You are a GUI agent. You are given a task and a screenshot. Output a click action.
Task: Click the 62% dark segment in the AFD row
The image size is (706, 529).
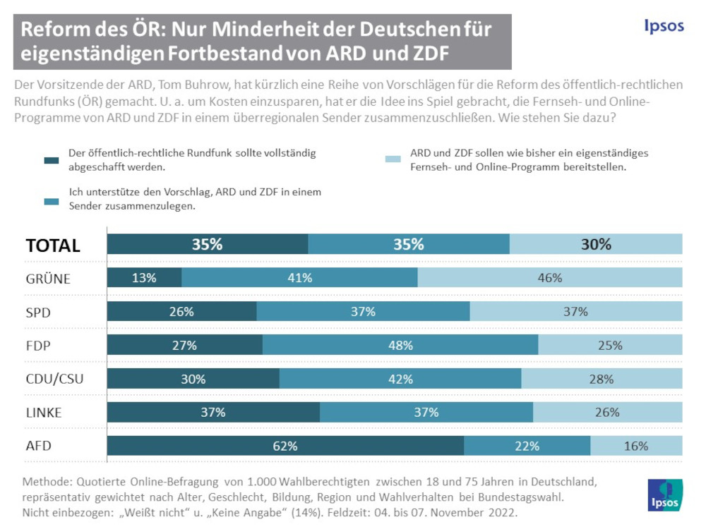285,446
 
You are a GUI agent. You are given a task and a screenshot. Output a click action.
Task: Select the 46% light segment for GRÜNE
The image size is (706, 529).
550,278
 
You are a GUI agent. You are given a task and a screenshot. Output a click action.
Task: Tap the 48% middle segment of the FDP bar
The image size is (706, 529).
400,346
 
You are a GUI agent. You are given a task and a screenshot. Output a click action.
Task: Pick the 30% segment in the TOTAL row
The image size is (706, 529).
596,245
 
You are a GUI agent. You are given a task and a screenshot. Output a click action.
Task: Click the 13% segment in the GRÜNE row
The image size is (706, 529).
144,278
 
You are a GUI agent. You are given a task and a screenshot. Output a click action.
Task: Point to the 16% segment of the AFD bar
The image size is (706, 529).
636,446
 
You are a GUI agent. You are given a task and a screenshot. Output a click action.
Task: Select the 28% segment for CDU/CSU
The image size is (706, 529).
602,379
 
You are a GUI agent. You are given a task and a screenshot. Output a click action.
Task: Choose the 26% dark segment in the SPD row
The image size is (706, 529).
181,312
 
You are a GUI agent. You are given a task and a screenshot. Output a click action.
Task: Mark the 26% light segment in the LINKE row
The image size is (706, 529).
607,413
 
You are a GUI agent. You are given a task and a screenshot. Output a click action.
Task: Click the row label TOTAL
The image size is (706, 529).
53,245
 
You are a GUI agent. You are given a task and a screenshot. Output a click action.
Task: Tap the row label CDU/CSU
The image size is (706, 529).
54,379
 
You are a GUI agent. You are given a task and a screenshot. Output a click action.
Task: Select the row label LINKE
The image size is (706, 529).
44,413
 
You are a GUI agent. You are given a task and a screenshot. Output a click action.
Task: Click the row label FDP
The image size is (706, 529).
38,346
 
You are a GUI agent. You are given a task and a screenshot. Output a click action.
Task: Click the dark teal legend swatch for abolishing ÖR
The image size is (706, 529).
52,159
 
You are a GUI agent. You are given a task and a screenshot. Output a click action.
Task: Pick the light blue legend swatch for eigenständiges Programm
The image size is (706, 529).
393,159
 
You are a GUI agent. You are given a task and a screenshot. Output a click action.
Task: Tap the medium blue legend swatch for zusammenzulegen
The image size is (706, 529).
52,200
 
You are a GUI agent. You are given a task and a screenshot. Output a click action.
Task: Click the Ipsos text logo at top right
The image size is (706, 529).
664,26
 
